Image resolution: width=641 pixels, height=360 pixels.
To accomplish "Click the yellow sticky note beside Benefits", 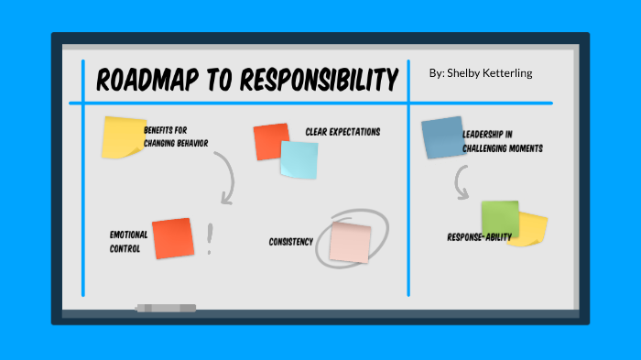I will pos(122,136).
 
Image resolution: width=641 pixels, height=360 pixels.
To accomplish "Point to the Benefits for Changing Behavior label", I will pos(176,136).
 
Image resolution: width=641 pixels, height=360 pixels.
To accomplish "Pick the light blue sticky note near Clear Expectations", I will pos(299,159).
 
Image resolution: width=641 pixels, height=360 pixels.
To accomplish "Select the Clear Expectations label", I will pos(342,132).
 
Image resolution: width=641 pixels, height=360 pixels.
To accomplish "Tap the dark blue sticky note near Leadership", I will pos(441,137).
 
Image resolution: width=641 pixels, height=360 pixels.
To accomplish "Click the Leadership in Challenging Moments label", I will pos(502,140).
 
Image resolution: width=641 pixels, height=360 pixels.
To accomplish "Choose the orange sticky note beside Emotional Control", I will pos(172,238).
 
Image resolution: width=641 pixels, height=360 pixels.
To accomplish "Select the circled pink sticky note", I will pos(350,241).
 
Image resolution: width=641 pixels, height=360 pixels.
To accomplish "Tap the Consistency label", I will pos(291,242).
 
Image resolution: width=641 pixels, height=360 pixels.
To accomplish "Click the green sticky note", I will pos(499,217).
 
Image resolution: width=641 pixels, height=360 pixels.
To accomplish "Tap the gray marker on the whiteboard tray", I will pos(166,308).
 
